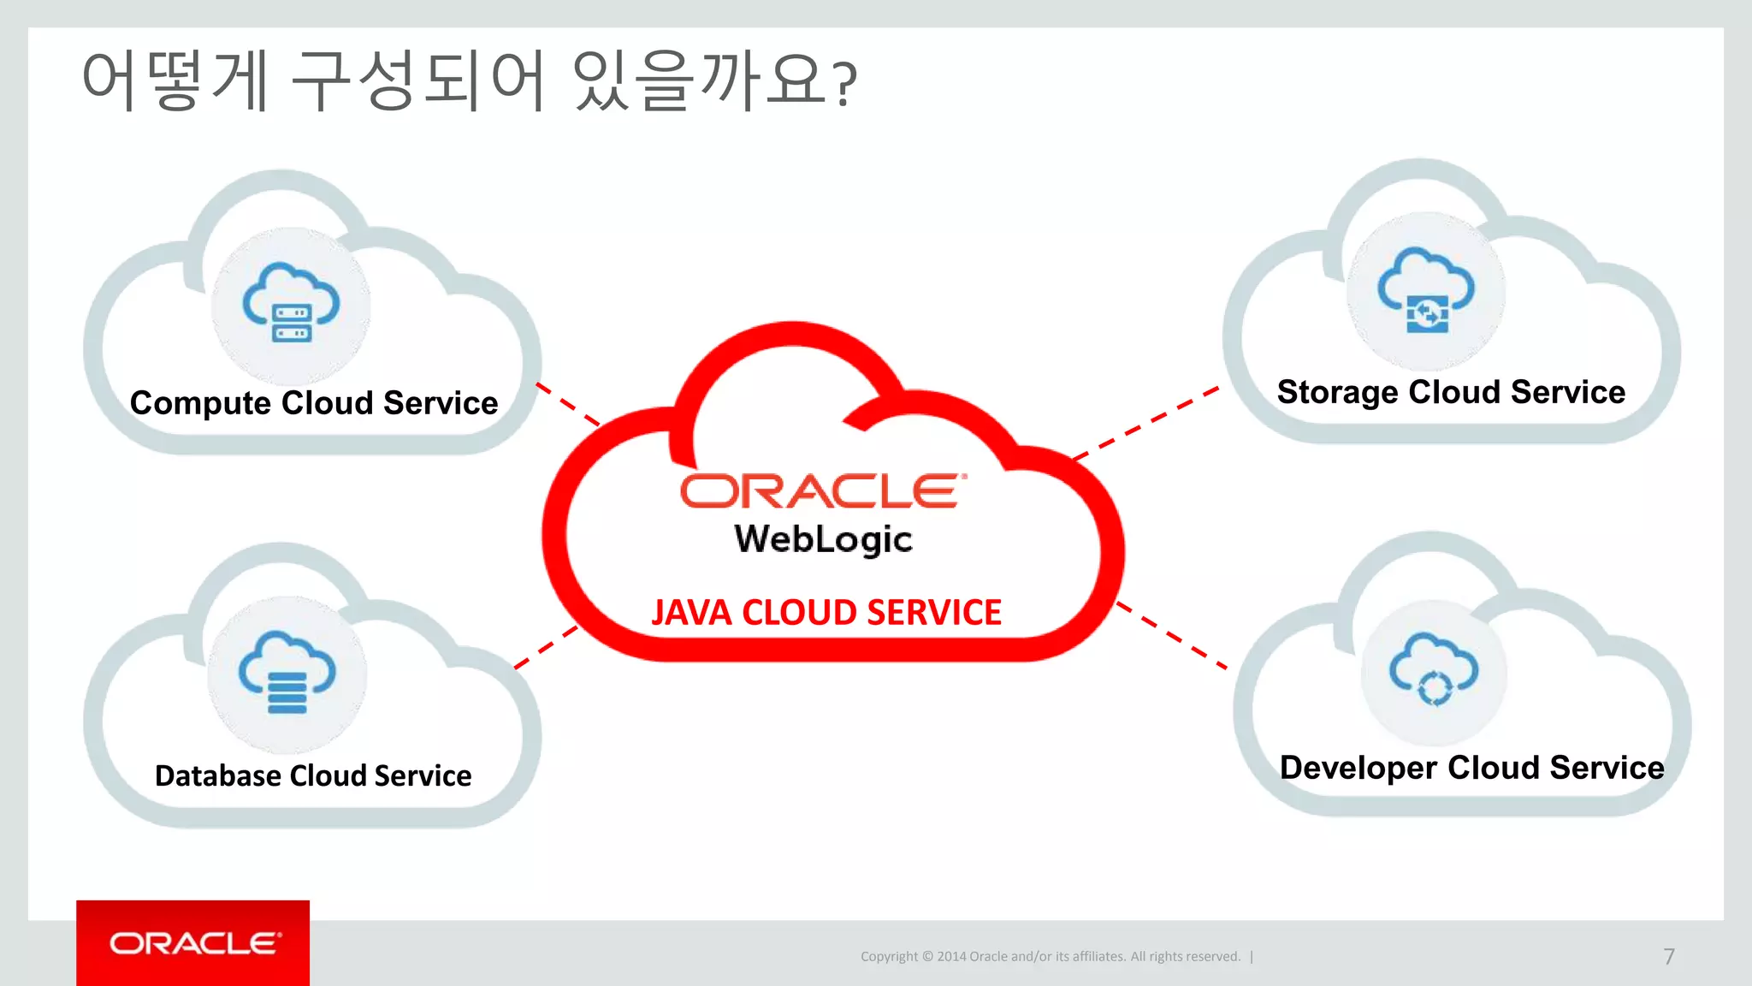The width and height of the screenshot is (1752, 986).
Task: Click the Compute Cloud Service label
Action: coord(313,403)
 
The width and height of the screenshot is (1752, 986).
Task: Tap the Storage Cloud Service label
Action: coord(1451,392)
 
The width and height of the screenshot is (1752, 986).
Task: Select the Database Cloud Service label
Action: coord(313,775)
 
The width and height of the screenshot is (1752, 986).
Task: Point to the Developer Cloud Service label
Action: coord(1471,768)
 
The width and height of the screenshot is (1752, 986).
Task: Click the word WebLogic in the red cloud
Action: coord(823,539)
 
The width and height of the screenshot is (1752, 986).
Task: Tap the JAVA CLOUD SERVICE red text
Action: coord(826,613)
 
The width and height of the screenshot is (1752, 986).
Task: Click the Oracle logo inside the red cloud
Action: coord(823,491)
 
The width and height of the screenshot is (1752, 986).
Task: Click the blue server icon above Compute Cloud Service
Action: coord(291,304)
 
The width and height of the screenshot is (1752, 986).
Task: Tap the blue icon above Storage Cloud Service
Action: coord(1425,291)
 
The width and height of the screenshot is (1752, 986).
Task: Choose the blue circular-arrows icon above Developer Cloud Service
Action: coord(1434,669)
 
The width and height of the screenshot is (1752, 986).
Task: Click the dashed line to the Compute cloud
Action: coord(568,405)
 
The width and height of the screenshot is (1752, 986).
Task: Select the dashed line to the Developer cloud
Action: coord(1172,635)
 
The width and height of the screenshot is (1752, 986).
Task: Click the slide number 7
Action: coord(1668,956)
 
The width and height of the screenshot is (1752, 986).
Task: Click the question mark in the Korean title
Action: coord(845,84)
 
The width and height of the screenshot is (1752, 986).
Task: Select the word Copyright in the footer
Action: coord(889,957)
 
